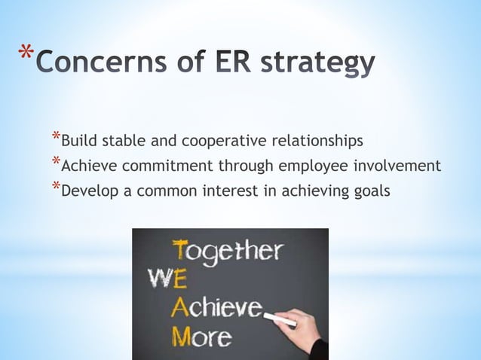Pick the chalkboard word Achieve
(219, 307)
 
